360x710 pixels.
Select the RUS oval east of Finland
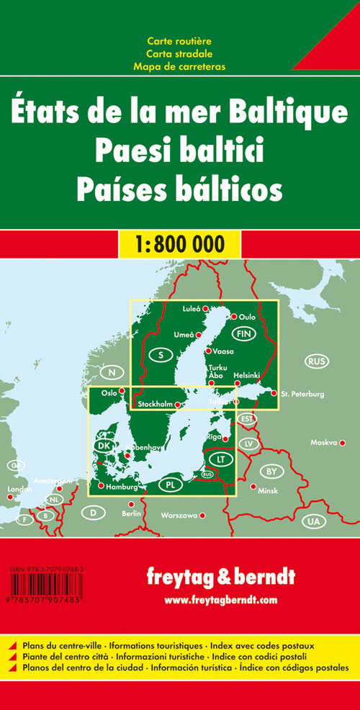pos(315,360)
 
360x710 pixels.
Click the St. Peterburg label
pos(302,394)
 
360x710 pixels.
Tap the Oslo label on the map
pos(109,392)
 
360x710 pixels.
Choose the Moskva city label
pos(323,442)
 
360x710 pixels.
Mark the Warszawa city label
pos(179,516)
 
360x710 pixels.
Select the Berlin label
pos(131,513)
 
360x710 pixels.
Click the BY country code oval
pos(271,472)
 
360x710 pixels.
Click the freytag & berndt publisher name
pos(220,578)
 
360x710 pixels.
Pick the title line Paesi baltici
pos(180,152)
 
